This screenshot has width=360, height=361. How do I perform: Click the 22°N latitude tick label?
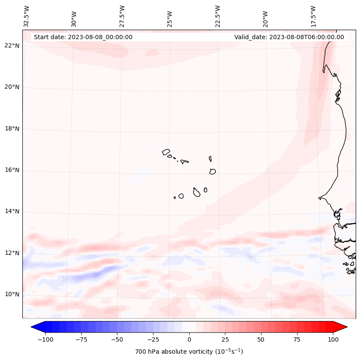click(x=12, y=46)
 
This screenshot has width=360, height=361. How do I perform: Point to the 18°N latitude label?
click(x=12, y=129)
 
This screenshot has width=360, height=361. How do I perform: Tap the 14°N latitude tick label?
click(x=12, y=212)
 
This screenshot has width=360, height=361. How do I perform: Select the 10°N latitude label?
click(x=12, y=294)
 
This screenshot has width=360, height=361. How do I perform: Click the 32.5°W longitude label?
click(x=27, y=16)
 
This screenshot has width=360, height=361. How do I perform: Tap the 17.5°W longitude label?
click(x=313, y=16)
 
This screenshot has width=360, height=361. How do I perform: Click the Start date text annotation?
click(x=83, y=37)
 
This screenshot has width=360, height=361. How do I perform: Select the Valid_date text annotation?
click(x=289, y=37)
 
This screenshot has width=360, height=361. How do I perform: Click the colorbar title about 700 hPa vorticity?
click(x=189, y=352)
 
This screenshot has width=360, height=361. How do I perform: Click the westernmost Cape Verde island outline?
click(x=166, y=151)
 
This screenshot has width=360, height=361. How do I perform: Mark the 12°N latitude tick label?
click(x=12, y=253)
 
